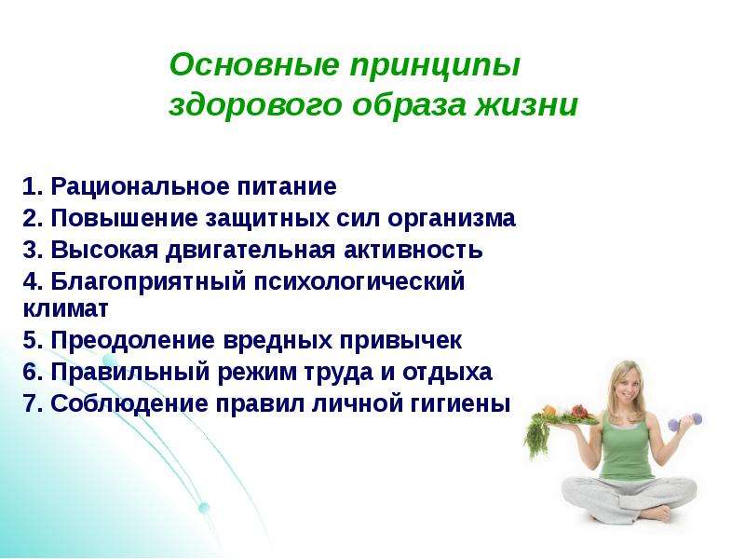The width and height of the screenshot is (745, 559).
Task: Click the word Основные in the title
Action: pyautogui.click(x=254, y=64)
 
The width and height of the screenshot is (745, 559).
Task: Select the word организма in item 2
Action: pyautogui.click(x=452, y=219)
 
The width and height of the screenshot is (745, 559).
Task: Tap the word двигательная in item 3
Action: pyautogui.click(x=250, y=251)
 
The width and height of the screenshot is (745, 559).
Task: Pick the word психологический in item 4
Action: pyautogui.click(x=359, y=282)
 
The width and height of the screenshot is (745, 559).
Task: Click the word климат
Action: pyautogui.click(x=65, y=309)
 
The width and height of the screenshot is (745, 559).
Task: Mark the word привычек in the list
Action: pyautogui.click(x=400, y=341)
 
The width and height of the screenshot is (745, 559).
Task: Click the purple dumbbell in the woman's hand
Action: pyautogui.click(x=684, y=421)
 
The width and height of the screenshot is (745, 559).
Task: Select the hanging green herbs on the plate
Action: pyautogui.click(x=537, y=434)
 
